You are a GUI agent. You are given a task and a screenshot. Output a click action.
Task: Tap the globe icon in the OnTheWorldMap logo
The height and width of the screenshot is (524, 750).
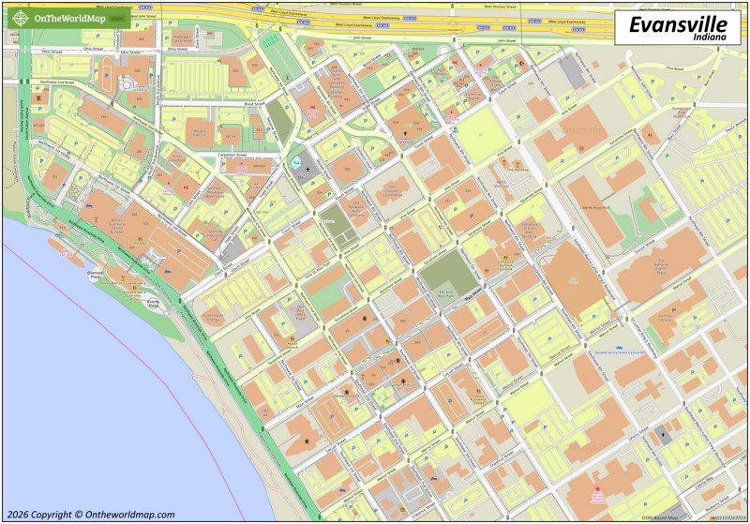[20, 18]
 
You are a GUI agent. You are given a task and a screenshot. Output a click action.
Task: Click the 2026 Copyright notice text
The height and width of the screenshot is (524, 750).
[90, 514]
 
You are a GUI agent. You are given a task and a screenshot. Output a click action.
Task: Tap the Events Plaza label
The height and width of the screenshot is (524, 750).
[153, 302]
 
